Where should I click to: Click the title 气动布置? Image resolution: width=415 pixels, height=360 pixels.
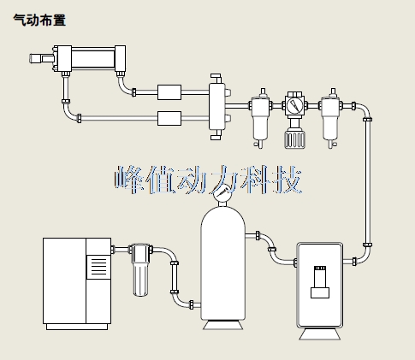pos(39,21)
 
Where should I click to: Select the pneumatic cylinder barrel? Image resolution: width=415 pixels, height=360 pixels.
pos(93,59)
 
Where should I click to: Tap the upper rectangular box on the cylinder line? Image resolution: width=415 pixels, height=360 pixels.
pos(169,92)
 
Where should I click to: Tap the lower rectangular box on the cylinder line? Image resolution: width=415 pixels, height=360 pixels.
pos(169,118)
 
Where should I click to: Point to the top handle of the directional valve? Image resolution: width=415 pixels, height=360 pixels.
pos(216,78)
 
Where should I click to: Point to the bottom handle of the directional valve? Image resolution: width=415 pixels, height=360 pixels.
pos(216,135)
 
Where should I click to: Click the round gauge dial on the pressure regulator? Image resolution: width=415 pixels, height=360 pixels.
pos(294,105)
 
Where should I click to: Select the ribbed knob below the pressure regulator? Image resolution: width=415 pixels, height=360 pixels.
pos(294,139)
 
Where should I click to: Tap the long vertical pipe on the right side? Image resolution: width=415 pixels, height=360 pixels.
pos(368,182)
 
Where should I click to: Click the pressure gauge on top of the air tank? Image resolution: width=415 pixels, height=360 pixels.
pos(222,193)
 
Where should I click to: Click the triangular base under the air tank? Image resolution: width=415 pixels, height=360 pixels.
pos(222,325)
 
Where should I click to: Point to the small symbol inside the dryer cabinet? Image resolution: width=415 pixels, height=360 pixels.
pos(320,282)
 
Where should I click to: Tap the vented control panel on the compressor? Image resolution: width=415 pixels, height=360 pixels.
pos(98,267)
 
